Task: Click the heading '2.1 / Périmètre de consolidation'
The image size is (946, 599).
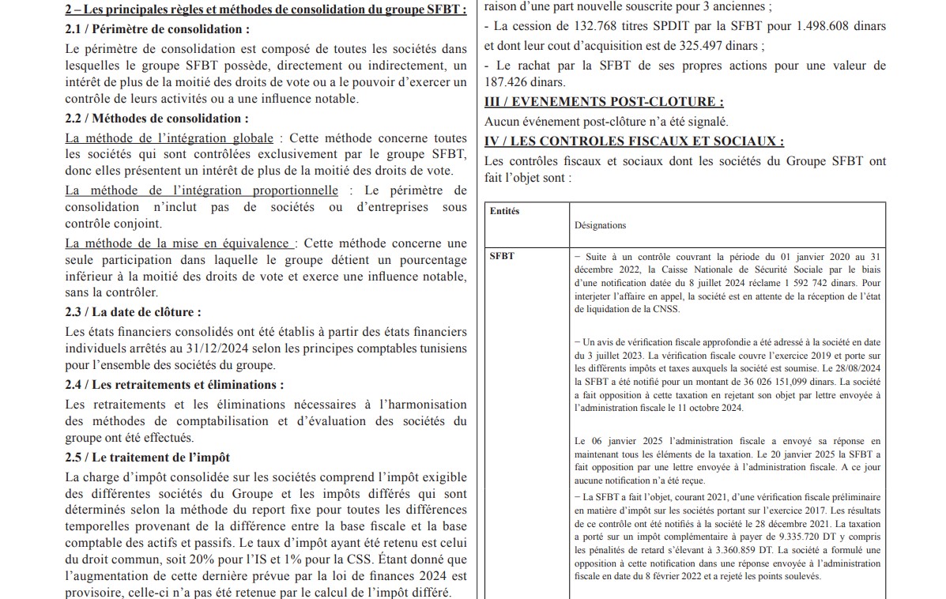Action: tap(156, 29)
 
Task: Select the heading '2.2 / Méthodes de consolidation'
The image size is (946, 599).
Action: tap(156, 119)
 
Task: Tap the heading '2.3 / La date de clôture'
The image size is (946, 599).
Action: tap(133, 312)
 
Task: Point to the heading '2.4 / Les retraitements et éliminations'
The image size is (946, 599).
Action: tap(175, 385)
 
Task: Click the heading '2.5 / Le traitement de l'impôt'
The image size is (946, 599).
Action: tap(148, 458)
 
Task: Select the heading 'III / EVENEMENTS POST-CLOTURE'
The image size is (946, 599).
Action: tap(604, 102)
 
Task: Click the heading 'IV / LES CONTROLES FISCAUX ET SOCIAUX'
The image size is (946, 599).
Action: tap(634, 141)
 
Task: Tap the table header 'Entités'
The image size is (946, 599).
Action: tap(505, 212)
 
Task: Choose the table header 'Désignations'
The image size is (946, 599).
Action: tap(600, 225)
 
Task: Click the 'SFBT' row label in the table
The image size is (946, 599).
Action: tap(501, 256)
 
